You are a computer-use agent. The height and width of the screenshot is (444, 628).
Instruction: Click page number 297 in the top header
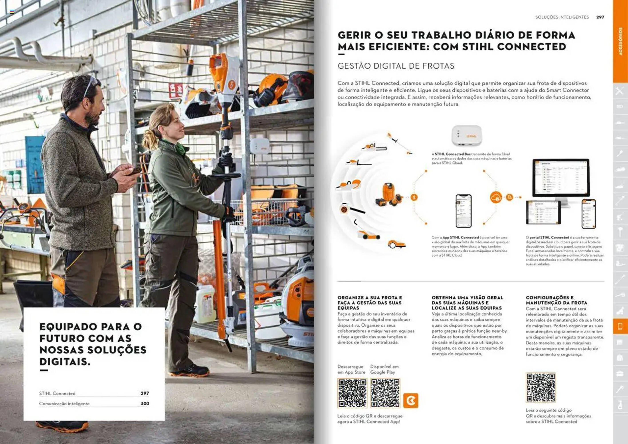(600, 17)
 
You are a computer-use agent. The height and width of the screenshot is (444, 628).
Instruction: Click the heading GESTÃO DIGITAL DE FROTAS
(396, 66)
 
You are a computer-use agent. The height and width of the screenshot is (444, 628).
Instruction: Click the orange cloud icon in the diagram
(496, 197)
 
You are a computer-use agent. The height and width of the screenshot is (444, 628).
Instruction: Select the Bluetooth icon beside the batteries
(414, 197)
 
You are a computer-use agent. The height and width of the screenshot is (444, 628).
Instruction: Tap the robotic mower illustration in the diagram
(396, 244)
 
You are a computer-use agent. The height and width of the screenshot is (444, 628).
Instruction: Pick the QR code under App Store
(352, 393)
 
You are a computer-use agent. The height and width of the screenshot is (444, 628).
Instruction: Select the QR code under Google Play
(385, 393)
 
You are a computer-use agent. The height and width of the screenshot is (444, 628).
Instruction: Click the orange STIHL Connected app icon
(410, 400)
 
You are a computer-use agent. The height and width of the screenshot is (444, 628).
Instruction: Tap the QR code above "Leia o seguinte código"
(541, 387)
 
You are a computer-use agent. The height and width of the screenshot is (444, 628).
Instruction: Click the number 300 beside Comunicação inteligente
(145, 403)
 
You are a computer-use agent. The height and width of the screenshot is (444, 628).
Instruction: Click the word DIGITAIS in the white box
(65, 362)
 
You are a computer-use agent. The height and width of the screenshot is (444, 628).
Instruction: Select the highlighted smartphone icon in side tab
(620, 326)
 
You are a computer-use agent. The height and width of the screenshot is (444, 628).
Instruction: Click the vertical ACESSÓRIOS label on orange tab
(620, 41)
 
